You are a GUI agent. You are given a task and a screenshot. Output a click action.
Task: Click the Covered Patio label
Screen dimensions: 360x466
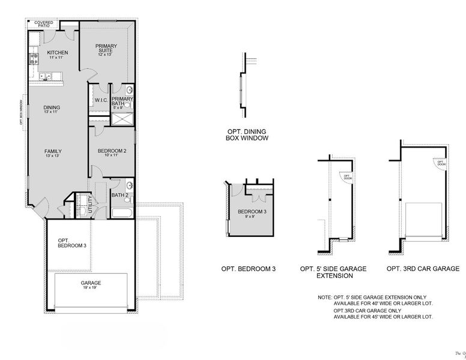coord(44,25)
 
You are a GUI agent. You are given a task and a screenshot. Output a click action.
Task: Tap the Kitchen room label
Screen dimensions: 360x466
coord(58,55)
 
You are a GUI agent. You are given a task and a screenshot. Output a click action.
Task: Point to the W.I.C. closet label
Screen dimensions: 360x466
coord(100,100)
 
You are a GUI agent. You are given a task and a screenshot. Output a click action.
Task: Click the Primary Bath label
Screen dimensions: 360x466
coord(122,102)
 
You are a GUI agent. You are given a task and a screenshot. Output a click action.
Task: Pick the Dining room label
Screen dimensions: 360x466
coord(51,110)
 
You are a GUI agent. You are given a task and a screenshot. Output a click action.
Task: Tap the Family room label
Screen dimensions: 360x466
coord(53,154)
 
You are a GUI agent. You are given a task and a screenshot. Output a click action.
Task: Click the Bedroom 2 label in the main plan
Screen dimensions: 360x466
coord(112,153)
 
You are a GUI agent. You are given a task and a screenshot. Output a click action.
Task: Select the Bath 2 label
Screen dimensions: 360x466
coord(120,195)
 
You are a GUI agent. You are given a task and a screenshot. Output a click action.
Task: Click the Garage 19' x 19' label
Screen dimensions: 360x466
coord(91,285)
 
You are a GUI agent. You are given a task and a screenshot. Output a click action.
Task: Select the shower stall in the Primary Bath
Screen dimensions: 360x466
coord(123,119)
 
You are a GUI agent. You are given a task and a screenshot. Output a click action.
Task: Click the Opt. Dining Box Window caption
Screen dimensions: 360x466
coord(246,134)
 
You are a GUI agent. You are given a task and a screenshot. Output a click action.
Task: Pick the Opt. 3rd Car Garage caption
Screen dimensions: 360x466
coord(423,269)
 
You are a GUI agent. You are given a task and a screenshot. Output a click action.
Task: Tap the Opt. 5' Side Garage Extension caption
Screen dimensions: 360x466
coord(334,272)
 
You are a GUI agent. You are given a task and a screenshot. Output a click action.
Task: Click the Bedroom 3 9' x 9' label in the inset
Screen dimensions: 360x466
coord(251,214)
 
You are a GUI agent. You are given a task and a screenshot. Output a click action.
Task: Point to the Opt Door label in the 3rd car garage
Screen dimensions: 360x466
coord(441,163)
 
